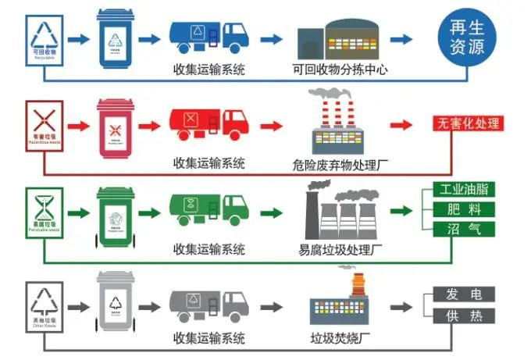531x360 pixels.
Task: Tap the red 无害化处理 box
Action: (x=468, y=123)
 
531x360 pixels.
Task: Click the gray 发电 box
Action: (x=463, y=294)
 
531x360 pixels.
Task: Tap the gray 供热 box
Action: (x=463, y=315)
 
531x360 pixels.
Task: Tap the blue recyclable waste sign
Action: (x=45, y=40)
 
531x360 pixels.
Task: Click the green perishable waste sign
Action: (x=45, y=211)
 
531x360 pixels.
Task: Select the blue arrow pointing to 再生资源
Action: (x=401, y=38)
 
